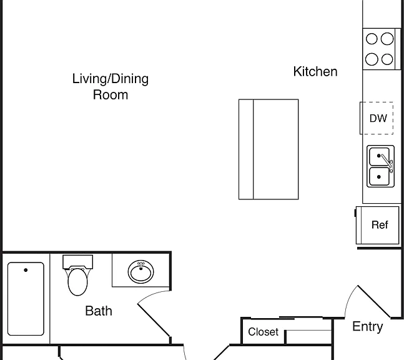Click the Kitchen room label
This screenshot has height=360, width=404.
click(x=315, y=71)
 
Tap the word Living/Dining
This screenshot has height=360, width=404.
click(x=111, y=79)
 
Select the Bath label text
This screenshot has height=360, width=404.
click(x=99, y=311)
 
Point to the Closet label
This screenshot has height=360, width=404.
click(x=263, y=332)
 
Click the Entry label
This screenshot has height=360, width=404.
click(x=367, y=327)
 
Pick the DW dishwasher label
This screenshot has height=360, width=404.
click(x=378, y=118)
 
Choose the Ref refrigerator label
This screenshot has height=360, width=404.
click(x=380, y=225)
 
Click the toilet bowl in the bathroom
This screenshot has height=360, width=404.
click(x=77, y=282)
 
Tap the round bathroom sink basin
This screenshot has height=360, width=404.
click(x=140, y=272)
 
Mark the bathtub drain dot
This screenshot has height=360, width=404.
click(x=26, y=270)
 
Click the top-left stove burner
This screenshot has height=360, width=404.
click(x=372, y=39)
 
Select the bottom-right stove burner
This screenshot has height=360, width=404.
click(x=387, y=59)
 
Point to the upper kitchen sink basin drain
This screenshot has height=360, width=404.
click(x=378, y=156)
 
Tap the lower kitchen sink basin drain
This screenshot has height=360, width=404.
click(x=378, y=177)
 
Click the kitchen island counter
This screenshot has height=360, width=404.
click(x=269, y=149)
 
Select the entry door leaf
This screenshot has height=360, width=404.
click(x=374, y=301)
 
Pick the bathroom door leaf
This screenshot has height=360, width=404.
click(x=154, y=320)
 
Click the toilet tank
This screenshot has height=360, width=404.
click(x=77, y=262)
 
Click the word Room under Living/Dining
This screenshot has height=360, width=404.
click(x=111, y=94)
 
